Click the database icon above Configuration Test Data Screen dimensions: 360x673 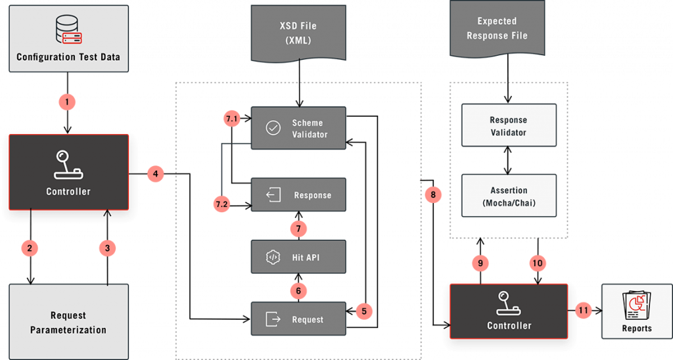(x=68, y=29)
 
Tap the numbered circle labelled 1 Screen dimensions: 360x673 (x=68, y=102)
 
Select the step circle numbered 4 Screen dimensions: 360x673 (x=154, y=174)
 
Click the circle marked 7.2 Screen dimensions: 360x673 (x=222, y=205)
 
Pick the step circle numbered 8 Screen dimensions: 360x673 (x=433, y=195)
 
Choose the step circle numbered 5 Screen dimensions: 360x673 (x=364, y=310)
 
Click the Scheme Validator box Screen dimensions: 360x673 (x=299, y=128)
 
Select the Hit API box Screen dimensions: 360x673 (x=299, y=258)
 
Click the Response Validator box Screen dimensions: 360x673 (x=508, y=125)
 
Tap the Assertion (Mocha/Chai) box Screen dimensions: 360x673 (x=508, y=196)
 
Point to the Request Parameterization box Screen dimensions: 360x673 (x=68, y=322)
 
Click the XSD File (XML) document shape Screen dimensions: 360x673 (x=299, y=32)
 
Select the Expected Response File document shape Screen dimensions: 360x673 (x=497, y=29)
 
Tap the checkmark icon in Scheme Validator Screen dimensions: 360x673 (x=273, y=128)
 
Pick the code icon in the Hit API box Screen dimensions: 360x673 (x=273, y=258)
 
